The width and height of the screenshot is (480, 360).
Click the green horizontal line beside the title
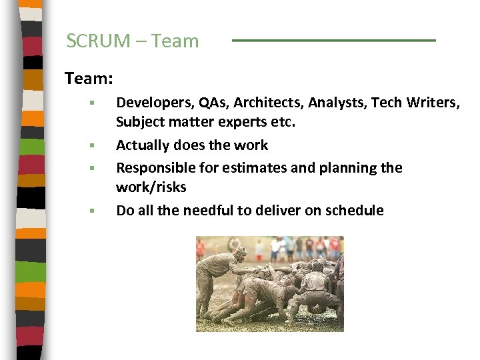[x=333, y=41]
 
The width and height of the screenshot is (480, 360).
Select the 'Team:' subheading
[x=89, y=79]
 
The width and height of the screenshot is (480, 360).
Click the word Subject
[x=139, y=123]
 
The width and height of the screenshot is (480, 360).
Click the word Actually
[x=142, y=145]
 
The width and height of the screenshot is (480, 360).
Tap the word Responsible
[x=153, y=167]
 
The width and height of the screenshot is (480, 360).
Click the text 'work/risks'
[x=151, y=187]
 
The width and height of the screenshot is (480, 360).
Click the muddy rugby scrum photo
[x=269, y=283]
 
